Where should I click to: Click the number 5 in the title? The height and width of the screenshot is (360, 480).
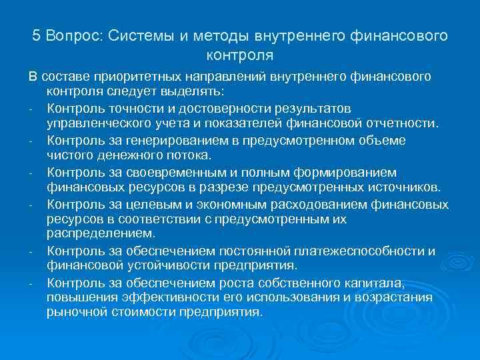tap(37, 35)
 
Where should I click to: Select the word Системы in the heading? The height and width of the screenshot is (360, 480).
tap(141, 35)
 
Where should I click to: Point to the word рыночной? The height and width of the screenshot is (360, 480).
tap(73, 311)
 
